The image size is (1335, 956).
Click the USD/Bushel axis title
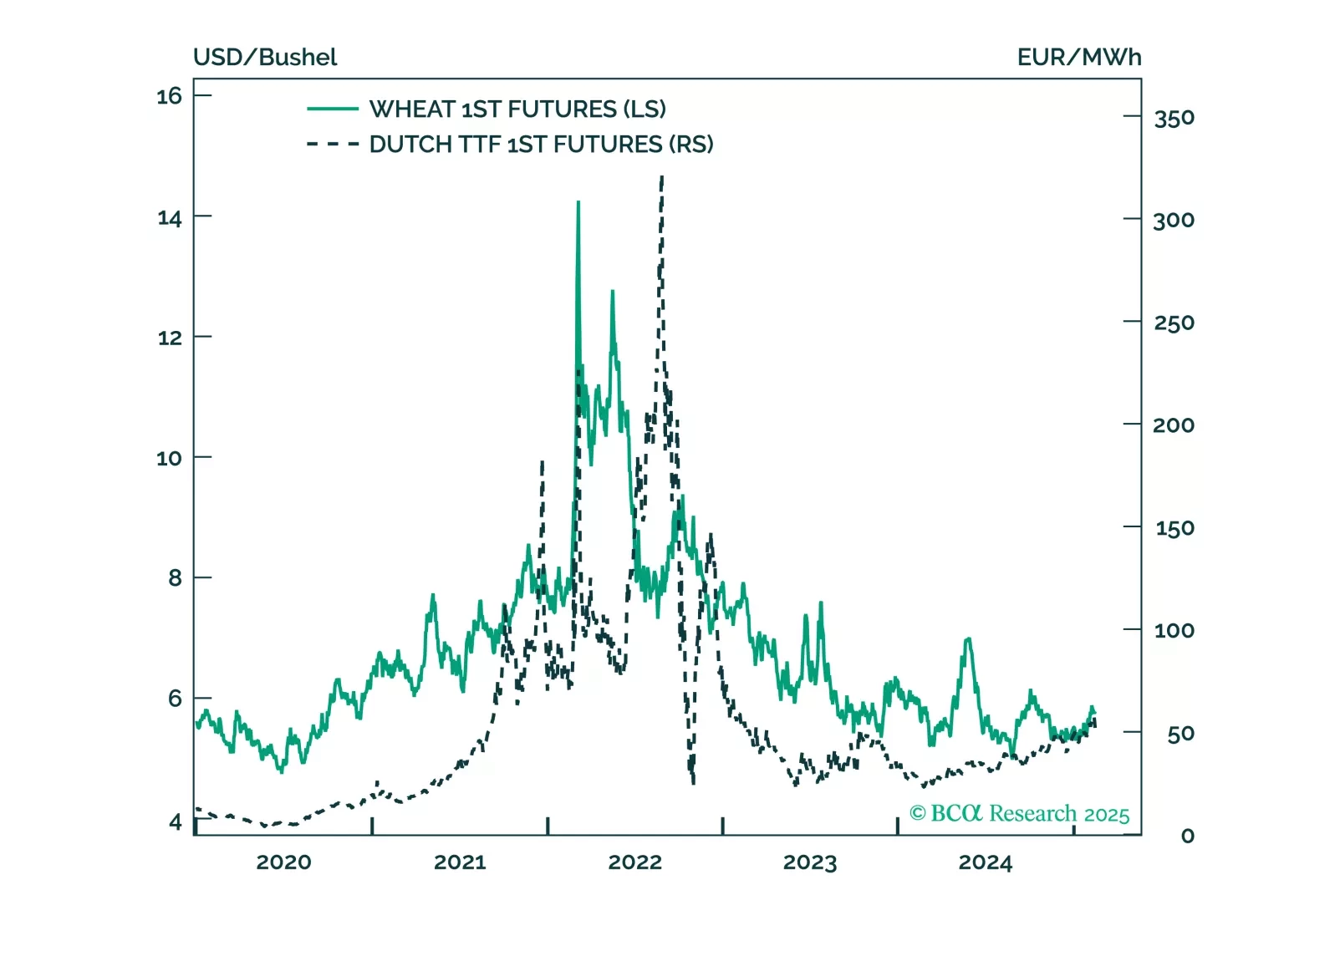pos(265,58)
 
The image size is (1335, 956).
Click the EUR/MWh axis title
pos(1078,58)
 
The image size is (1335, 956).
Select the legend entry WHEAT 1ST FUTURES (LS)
pos(517,109)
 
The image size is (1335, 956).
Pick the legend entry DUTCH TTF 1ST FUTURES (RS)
pos(541,145)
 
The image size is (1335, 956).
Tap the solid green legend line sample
pos(333,109)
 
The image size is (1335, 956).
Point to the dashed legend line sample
pos(333,145)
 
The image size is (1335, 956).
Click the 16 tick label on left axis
pos(169,96)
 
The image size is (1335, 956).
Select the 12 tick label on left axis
pos(169,338)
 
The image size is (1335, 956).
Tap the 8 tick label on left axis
pos(175,578)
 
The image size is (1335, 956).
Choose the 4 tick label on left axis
pos(175,822)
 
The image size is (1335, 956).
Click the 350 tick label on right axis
pos(1174,119)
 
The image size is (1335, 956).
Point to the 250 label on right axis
pos(1174,323)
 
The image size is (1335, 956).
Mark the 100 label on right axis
pos(1174,631)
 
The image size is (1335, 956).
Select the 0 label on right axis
pos(1187,836)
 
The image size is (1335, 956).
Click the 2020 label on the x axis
pos(283,862)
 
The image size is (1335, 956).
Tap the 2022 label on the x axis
pos(634,862)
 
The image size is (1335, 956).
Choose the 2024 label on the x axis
pos(985,862)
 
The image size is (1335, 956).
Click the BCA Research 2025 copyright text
pos(1019,814)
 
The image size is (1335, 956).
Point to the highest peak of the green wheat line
pos(578,202)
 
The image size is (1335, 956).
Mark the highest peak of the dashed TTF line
pos(662,177)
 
